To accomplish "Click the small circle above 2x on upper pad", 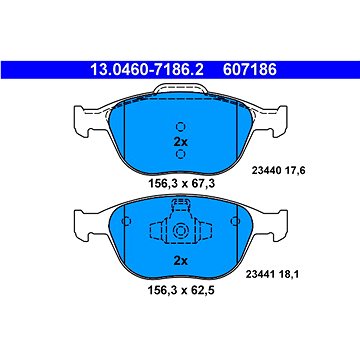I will [x=180, y=126].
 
